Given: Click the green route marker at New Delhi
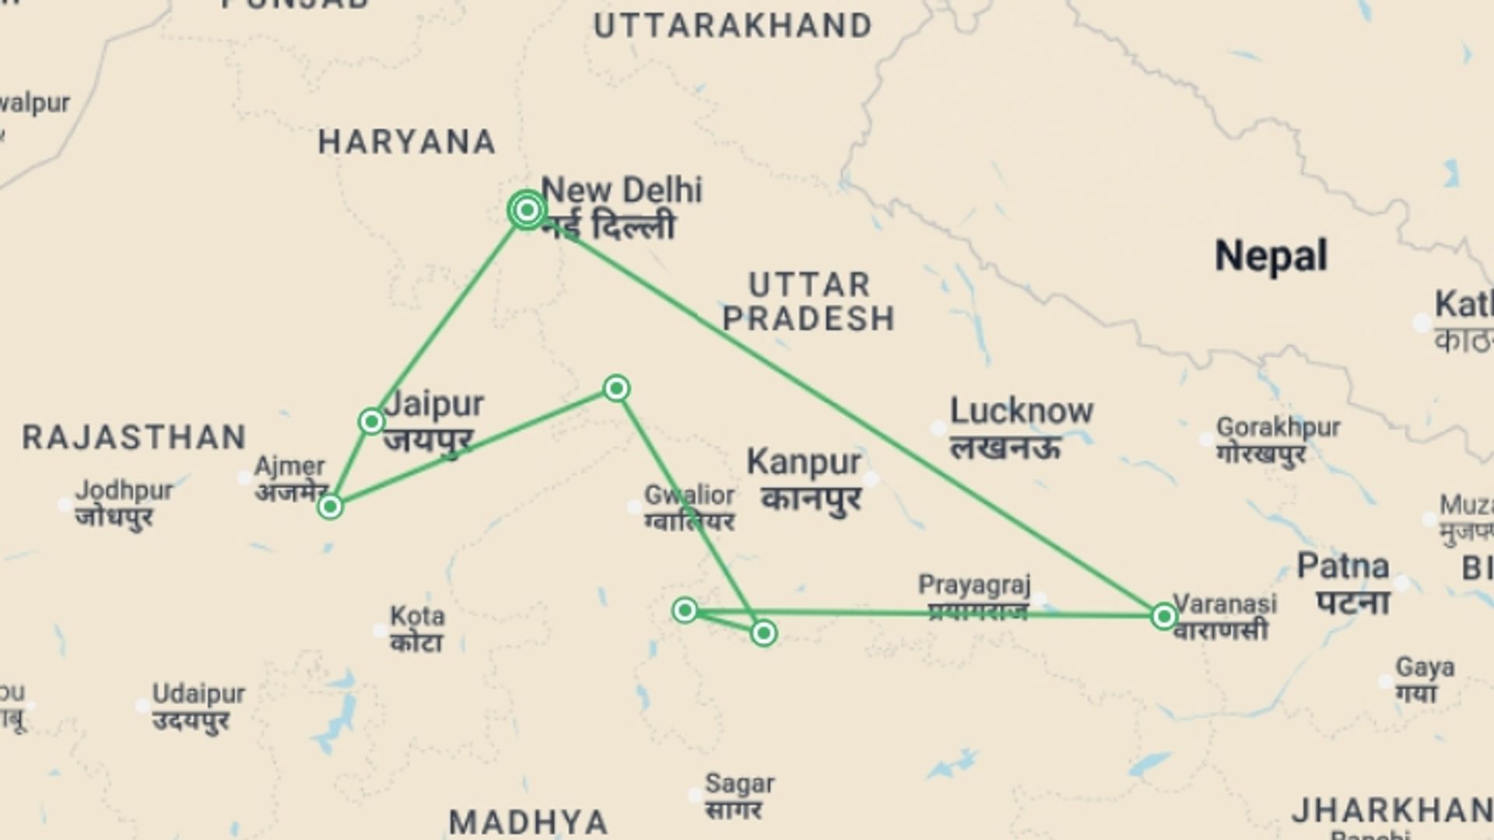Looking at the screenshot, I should click(527, 210).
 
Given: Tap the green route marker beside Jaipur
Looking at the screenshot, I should click(371, 422).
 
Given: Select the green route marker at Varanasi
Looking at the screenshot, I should click(1163, 617).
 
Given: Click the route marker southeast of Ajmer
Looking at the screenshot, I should click(330, 507).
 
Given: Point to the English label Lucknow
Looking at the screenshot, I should click(1021, 411).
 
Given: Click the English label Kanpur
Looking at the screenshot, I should click(803, 463).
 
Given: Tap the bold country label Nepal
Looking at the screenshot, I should click(1271, 256).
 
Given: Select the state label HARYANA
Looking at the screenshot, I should click(407, 142).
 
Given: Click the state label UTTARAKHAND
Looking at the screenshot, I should click(732, 26).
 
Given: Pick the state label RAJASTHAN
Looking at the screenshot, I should click(134, 438).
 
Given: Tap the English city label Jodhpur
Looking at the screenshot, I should click(124, 491).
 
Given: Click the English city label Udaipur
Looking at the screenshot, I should click(198, 694).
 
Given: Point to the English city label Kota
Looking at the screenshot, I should click(417, 616).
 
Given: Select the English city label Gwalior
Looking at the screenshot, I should click(689, 495).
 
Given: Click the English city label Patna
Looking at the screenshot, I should click(1342, 567).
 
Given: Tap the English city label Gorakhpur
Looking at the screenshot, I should click(1278, 427).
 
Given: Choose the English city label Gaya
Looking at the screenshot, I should click(1425, 667).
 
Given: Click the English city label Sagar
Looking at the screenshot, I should click(739, 783).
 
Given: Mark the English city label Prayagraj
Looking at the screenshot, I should click(974, 584).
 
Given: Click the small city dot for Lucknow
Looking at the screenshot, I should click(938, 428).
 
